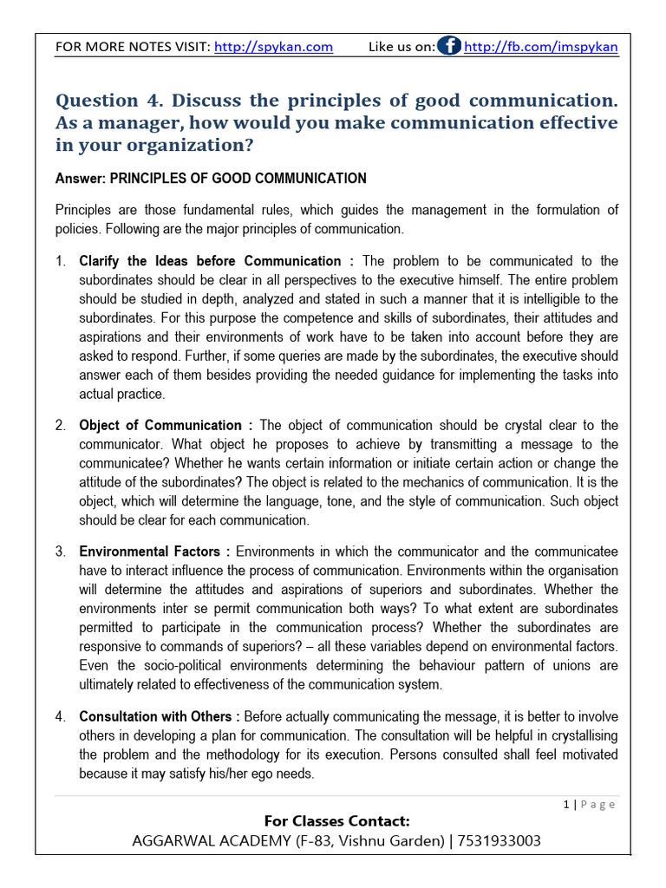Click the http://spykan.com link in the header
(x=273, y=47)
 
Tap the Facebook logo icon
(x=449, y=46)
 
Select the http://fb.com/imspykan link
(x=541, y=47)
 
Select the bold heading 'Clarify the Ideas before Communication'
(x=210, y=261)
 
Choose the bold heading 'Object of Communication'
(x=160, y=425)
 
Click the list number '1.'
(x=61, y=261)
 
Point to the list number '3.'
(x=61, y=552)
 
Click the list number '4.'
(x=61, y=716)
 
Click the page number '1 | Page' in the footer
(x=590, y=805)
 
